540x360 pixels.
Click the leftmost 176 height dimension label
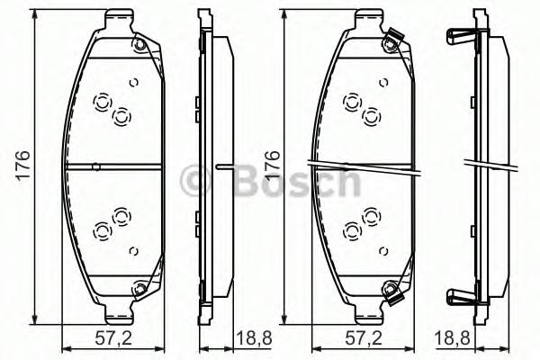click(x=24, y=166)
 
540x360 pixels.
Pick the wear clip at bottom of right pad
click(x=390, y=292)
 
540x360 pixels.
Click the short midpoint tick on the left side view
click(x=226, y=166)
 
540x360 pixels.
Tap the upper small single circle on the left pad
click(x=132, y=83)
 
